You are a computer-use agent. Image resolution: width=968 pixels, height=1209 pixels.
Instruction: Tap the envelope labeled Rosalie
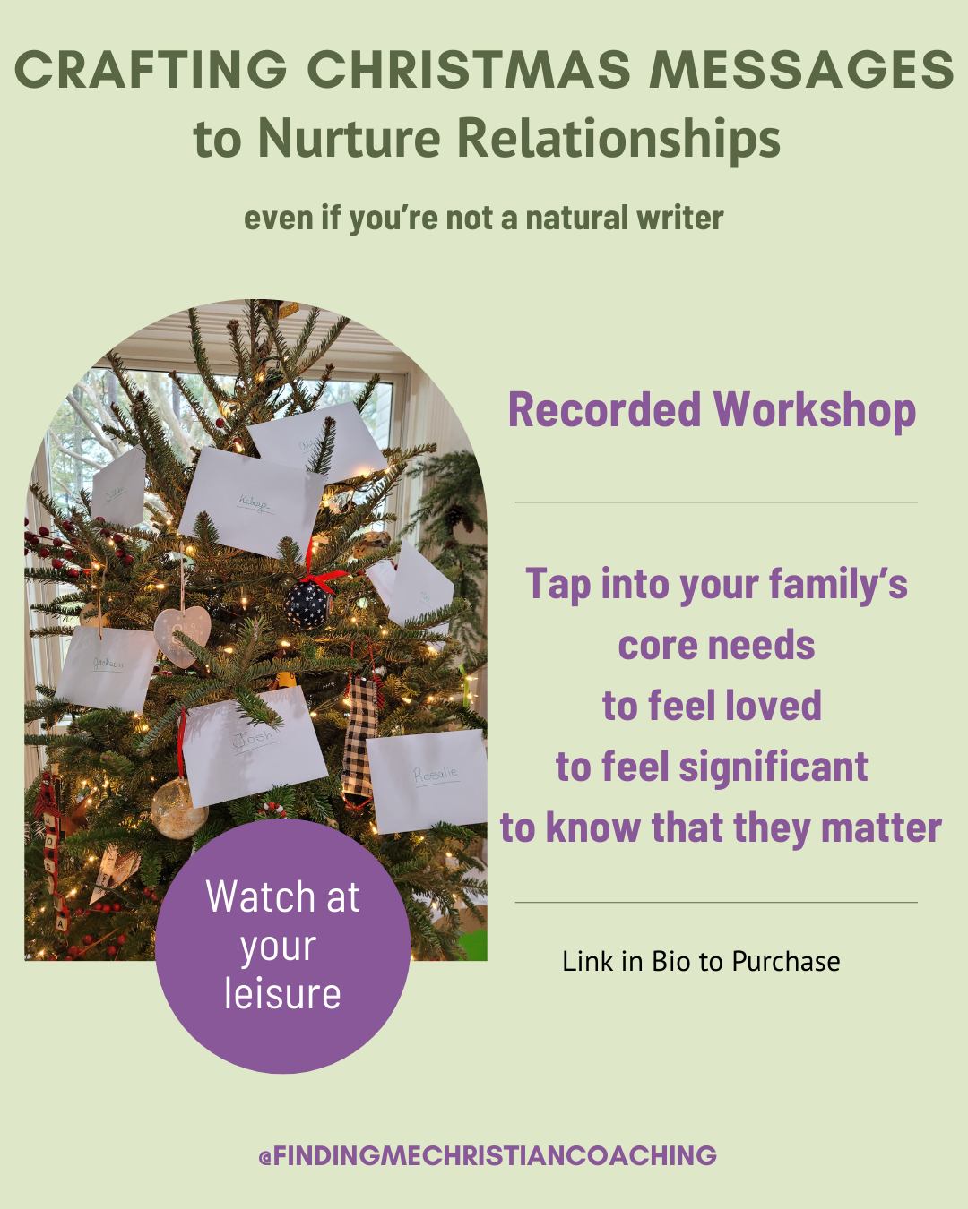tap(428, 776)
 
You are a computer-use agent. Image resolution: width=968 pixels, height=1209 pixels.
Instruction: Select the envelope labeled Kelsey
tap(253, 495)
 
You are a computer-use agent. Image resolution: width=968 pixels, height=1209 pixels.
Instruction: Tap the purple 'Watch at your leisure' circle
tap(282, 946)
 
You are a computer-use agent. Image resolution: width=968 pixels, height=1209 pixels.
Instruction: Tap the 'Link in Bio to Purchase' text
tap(701, 962)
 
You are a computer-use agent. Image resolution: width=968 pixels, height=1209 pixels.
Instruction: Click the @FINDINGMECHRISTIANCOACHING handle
tap(488, 1155)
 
